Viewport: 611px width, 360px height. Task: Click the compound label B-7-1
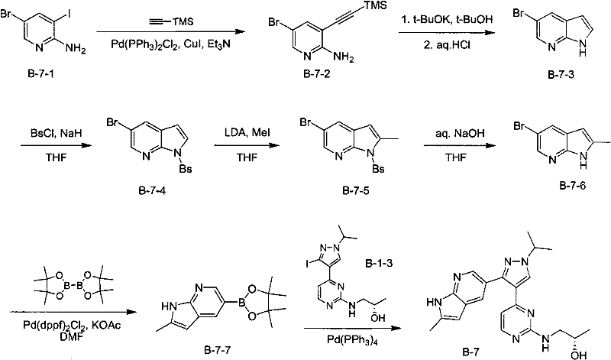(x=41, y=73)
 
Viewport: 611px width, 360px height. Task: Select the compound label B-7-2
(x=317, y=73)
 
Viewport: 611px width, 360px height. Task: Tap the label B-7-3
(x=561, y=74)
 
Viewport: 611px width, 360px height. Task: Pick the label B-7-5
(x=356, y=191)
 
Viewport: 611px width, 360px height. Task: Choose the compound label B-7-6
(x=572, y=186)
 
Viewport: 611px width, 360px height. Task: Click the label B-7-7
(x=217, y=350)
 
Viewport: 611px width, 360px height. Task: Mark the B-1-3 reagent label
(x=379, y=264)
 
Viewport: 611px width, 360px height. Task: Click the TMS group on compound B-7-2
(x=375, y=5)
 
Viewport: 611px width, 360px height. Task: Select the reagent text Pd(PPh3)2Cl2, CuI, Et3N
(x=170, y=44)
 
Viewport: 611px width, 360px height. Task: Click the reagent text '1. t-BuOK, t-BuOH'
(x=447, y=19)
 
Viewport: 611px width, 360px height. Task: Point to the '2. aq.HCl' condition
(x=447, y=45)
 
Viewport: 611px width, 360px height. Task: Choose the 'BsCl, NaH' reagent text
(x=56, y=134)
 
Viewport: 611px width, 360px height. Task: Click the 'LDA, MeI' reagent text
(x=247, y=133)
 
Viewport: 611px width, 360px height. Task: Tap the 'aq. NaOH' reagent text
(x=461, y=133)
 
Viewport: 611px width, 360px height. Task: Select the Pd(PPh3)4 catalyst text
(x=352, y=339)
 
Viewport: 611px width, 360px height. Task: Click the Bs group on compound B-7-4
(x=186, y=169)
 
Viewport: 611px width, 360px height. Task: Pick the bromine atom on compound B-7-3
(x=519, y=14)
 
